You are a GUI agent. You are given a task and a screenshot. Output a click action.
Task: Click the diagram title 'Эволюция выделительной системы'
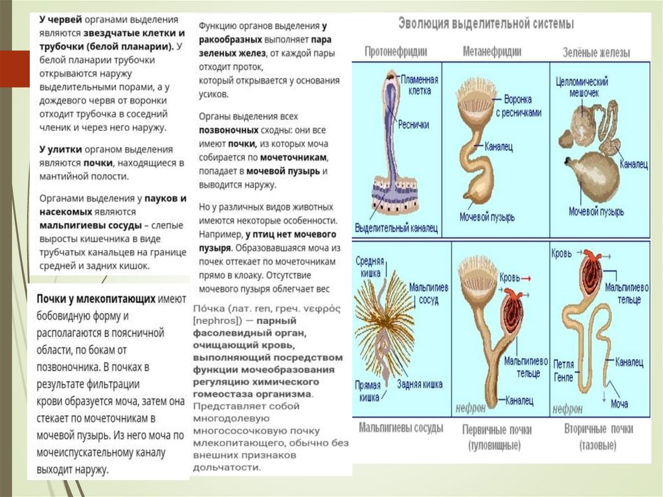click(485, 25)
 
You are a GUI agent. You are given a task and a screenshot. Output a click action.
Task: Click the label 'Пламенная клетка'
click(419, 84)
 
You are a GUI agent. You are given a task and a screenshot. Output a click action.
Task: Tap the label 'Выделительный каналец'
click(396, 228)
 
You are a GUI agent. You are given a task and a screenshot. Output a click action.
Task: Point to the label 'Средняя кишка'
click(370, 267)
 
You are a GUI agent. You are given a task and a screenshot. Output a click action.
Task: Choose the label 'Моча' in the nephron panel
click(620, 403)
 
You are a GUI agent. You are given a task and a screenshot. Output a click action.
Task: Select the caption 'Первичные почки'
click(493, 430)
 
